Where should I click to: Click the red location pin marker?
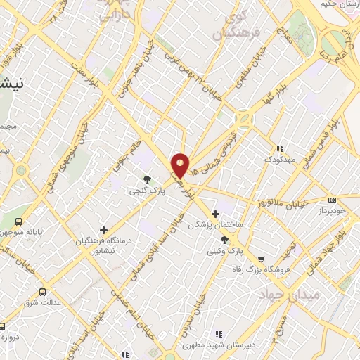click(181, 165)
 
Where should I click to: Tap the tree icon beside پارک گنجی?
click(147, 179)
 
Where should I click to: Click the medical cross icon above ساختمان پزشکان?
click(216, 213)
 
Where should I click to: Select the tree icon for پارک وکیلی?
click(224, 240)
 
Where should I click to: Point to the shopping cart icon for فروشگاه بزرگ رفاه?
click(262, 259)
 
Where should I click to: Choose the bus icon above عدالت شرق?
click(43, 291)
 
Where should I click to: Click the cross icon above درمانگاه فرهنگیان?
click(104, 230)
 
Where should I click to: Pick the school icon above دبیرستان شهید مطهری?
click(218, 333)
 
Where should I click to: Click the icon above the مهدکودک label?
click(280, 148)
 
